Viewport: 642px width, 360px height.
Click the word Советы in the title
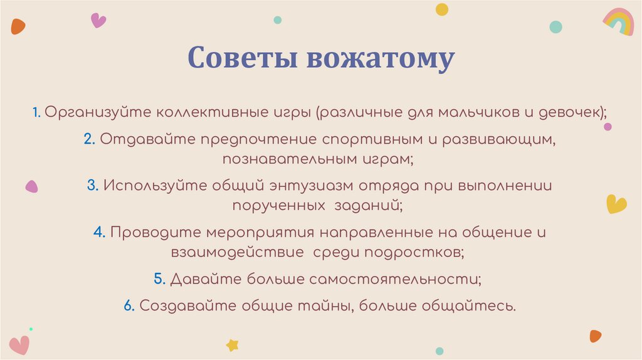pyautogui.click(x=242, y=58)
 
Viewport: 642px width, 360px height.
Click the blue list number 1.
pyautogui.click(x=38, y=112)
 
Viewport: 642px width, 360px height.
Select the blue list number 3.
pyautogui.click(x=92, y=186)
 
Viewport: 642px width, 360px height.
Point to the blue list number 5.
pyautogui.click(x=159, y=279)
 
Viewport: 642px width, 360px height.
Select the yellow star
pyautogui.click(x=233, y=344)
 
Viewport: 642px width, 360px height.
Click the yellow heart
pyautogui.click(x=616, y=203)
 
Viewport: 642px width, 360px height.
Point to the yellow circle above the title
pyautogui.click(x=442, y=9)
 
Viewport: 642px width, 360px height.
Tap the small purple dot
pyautogui.click(x=608, y=126)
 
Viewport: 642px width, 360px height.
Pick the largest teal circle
pyautogui.click(x=555, y=26)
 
